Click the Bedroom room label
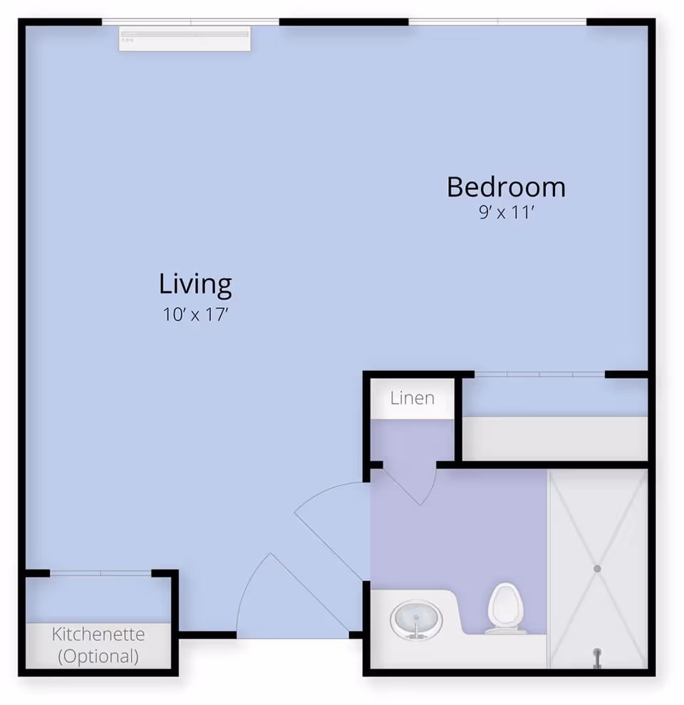[507, 187]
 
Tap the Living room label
[195, 285]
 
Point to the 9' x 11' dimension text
[507, 212]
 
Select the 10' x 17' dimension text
[195, 314]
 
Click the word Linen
[413, 398]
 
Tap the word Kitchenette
[98, 634]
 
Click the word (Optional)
[98, 657]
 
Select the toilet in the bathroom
[507, 608]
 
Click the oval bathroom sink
[416, 620]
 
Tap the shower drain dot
[597, 569]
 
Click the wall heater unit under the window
[185, 39]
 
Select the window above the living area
[190, 21]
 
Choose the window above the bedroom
[498, 21]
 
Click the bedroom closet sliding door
[539, 374]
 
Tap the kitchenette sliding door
[100, 573]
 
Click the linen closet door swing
[410, 486]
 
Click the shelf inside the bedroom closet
[555, 438]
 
